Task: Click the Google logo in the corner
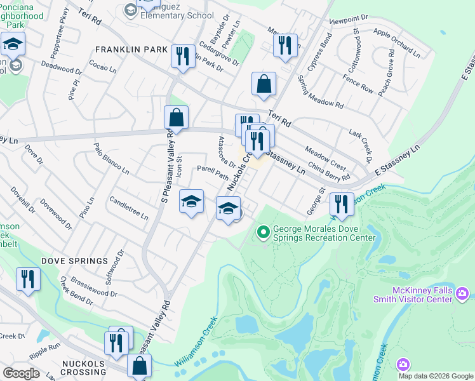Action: [x=20, y=373]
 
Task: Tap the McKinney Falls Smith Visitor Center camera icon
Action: [x=462, y=293]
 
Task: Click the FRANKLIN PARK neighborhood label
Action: [x=131, y=50]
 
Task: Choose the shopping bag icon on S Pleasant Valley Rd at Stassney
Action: [x=176, y=117]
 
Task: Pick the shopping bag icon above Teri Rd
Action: [x=264, y=84]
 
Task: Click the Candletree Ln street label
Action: [x=129, y=208]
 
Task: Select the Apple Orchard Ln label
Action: [x=397, y=43]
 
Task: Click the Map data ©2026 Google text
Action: [x=436, y=376]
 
